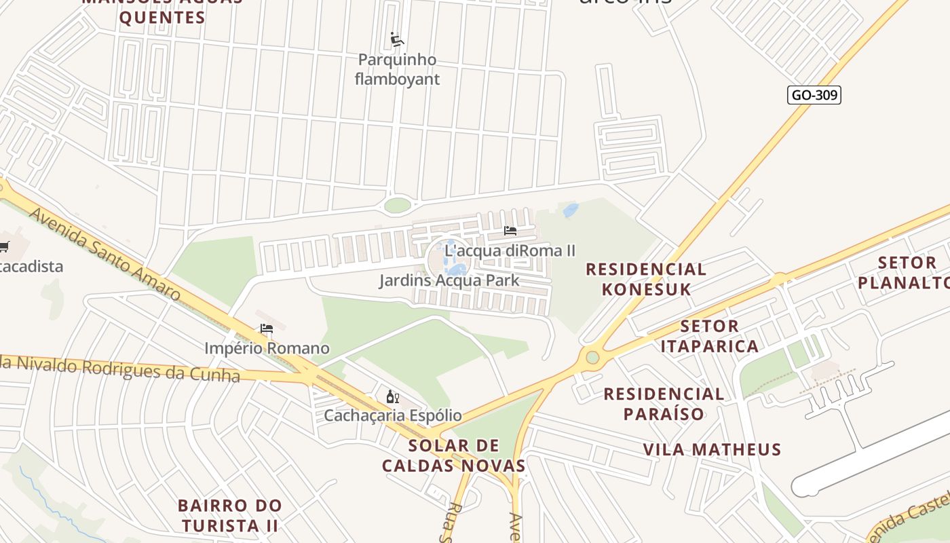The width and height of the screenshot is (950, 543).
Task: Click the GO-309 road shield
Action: [814, 95]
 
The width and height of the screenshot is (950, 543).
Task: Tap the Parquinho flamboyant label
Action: [397, 69]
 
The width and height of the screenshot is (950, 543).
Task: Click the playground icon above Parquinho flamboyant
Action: [397, 40]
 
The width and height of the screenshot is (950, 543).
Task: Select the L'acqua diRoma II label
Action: [510, 250]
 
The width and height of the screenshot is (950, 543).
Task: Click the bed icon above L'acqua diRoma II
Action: [510, 231]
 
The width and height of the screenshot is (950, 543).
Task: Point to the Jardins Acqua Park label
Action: [449, 280]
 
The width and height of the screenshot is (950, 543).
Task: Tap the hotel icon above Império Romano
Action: [267, 329]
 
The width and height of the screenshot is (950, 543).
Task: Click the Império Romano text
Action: [267, 348]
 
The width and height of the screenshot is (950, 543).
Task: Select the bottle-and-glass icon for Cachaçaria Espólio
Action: [392, 396]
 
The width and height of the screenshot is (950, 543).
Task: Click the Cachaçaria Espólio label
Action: [392, 415]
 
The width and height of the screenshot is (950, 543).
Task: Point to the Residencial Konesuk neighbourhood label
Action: [646, 279]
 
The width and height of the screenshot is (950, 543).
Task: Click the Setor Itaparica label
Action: [710, 336]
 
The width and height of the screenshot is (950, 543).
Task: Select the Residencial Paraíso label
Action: [664, 404]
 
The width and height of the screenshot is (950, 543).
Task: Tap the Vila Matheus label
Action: [712, 449]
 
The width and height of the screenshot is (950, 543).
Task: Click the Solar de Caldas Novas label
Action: [453, 455]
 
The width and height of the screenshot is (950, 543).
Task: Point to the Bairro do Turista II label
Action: [229, 515]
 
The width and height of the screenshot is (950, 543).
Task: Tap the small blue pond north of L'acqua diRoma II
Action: [571, 210]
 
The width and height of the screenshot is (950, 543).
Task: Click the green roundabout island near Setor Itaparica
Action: [592, 357]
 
